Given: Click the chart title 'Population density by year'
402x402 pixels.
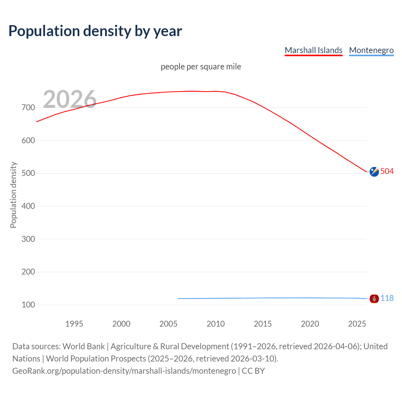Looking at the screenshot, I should (95, 31).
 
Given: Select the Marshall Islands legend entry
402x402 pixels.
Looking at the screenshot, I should (313, 50).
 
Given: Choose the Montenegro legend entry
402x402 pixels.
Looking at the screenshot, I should (371, 50).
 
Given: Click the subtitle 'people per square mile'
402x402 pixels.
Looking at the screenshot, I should (201, 67).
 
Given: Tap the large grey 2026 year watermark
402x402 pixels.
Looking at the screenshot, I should (70, 99).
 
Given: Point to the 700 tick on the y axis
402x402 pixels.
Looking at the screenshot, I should (28, 108).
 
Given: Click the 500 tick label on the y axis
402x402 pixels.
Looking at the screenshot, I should (28, 173).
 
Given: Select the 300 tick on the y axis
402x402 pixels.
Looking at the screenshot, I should (28, 239).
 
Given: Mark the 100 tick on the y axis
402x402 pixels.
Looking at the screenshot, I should (28, 305).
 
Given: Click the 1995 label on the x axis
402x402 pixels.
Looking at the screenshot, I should (74, 324).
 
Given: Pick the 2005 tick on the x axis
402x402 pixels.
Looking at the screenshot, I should (168, 324).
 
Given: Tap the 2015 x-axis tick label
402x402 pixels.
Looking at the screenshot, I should (263, 324).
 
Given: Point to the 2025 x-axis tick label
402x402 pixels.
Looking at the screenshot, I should (357, 324).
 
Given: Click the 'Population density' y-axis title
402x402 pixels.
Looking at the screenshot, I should (13, 195).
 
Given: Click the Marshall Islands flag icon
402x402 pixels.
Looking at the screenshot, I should (374, 172).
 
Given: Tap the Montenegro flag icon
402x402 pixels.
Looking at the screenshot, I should (374, 298).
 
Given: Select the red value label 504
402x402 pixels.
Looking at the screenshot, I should (387, 171).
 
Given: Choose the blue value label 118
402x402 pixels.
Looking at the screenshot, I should (387, 298).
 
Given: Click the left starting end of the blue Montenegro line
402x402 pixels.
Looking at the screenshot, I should (178, 298).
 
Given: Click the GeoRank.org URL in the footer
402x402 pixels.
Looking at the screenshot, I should (124, 371).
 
